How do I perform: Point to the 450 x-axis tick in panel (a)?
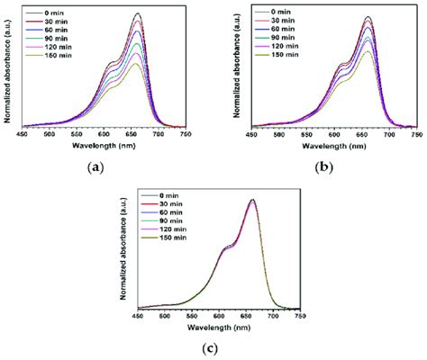(x=24, y=136)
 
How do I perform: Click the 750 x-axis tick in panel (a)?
(x=185, y=136)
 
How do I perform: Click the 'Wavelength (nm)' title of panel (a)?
(x=104, y=146)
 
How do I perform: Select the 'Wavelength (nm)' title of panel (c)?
(x=217, y=327)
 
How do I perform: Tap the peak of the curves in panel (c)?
(x=252, y=200)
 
